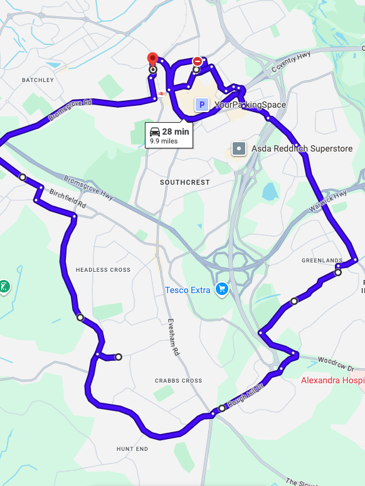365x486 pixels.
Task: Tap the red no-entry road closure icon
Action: click(x=198, y=61)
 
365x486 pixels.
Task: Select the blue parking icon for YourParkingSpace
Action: click(x=201, y=105)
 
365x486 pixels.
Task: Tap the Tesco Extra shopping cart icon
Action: click(x=221, y=289)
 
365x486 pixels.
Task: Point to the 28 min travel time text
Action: click(x=176, y=132)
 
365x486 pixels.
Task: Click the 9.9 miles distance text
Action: click(x=164, y=142)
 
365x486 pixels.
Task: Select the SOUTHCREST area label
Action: click(x=185, y=182)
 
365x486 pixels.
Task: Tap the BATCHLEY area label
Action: click(x=38, y=80)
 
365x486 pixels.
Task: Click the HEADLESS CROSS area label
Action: click(x=103, y=270)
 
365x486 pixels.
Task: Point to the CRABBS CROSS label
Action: click(x=179, y=381)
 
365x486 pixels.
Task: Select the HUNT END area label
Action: click(x=132, y=449)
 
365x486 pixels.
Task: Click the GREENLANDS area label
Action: click(x=322, y=261)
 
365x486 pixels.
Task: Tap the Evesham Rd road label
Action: click(x=173, y=338)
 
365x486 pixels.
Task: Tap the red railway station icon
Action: click(x=162, y=93)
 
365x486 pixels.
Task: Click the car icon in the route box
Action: click(x=155, y=132)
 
